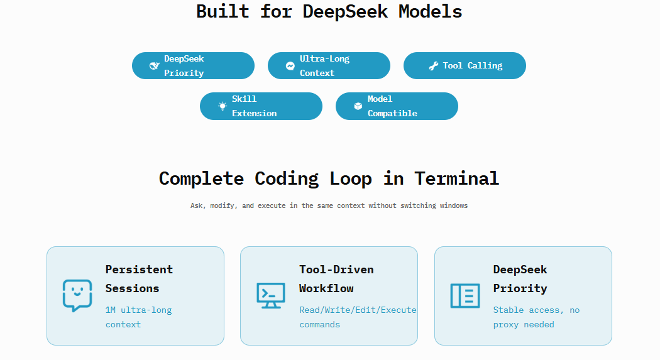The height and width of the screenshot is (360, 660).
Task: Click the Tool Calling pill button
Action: [x=465, y=65]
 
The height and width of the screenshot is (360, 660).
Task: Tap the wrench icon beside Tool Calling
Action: [x=433, y=65]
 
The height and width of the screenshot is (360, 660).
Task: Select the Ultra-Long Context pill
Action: [x=329, y=65]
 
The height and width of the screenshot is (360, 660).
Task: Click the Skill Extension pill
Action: [x=261, y=106]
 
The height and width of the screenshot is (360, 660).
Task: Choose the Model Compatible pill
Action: [x=397, y=106]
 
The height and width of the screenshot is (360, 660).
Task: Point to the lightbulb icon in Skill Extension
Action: [x=223, y=106]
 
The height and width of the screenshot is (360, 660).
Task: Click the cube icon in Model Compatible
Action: [x=358, y=106]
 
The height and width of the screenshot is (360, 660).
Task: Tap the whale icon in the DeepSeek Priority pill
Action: [x=155, y=65]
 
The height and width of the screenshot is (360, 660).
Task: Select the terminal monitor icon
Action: [x=271, y=295]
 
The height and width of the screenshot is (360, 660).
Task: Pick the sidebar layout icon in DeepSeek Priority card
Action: [x=465, y=296]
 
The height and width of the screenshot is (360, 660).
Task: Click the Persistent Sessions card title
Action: [x=139, y=279]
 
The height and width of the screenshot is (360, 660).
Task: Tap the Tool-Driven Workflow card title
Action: [x=336, y=279]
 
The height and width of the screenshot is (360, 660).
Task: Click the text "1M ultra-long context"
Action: [x=138, y=317]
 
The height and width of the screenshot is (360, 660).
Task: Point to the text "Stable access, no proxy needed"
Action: [x=536, y=317]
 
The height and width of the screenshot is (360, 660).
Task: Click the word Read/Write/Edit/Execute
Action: [x=358, y=310]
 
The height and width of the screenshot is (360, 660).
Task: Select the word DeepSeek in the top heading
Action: [x=345, y=11]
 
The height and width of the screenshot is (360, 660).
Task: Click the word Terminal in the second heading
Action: [x=457, y=178]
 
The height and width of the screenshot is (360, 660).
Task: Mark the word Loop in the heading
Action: [x=351, y=179]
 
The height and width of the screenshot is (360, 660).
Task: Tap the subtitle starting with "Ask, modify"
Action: [x=329, y=205]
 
